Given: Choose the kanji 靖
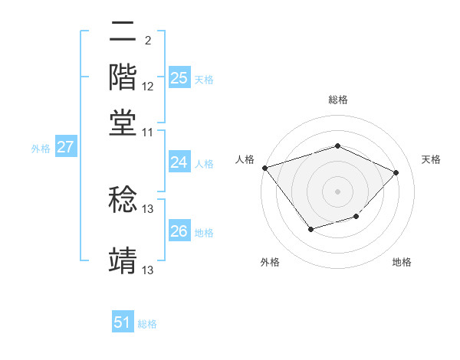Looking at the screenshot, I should coord(123,259).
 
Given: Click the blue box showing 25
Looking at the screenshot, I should coord(179,78).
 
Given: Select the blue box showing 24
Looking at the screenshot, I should coord(179,162).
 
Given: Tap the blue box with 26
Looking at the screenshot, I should coord(179,231).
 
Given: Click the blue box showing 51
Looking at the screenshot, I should coord(123,322).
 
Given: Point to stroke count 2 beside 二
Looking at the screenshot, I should coord(147,40).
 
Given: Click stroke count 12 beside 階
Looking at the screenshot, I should coord(148,87).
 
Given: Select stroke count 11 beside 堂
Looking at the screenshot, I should coord(148,132).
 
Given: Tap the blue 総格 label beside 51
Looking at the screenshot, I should coord(147,324).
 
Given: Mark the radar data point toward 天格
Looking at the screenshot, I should coord(396,172).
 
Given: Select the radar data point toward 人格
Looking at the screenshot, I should coord(264,168).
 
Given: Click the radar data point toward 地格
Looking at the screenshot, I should coord(356,218).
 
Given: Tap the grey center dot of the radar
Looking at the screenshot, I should coord(337,191).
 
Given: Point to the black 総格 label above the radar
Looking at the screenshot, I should coord(337,100).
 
